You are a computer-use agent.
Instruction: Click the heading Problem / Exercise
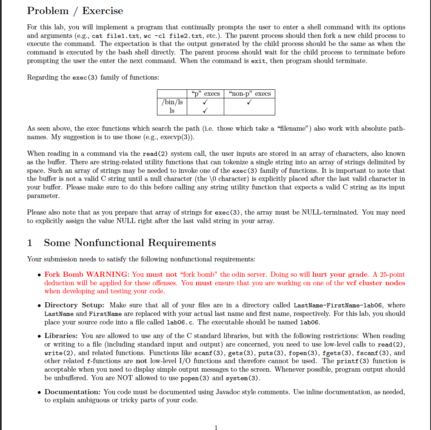(75, 11)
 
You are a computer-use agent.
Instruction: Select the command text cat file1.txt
(118, 36)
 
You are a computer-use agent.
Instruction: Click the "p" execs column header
(205, 94)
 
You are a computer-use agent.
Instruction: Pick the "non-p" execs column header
(249, 94)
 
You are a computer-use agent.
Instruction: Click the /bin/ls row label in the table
(172, 102)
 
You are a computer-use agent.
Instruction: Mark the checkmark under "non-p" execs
(249, 102)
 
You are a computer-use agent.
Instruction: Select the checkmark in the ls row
(205, 111)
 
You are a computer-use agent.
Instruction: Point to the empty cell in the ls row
(249, 111)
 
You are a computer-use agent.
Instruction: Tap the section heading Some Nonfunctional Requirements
(130, 243)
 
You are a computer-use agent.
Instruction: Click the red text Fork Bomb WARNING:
(87, 275)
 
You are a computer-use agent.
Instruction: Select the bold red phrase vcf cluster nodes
(375, 283)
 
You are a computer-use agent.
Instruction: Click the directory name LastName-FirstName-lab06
(339, 305)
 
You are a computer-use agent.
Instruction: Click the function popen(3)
(195, 378)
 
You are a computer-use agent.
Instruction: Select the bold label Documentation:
(72, 392)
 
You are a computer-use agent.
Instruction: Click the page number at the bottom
(216, 427)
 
